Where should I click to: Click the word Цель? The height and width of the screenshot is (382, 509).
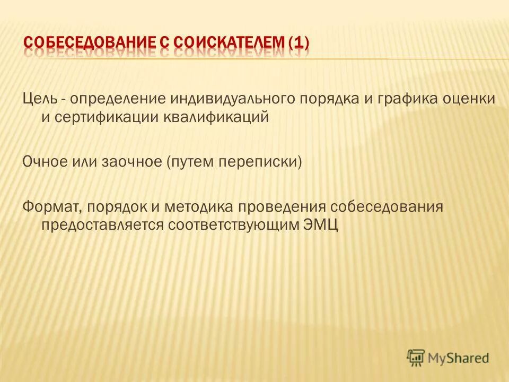38,99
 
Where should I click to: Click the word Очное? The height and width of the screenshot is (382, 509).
42,161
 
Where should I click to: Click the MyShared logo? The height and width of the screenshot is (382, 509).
447,358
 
